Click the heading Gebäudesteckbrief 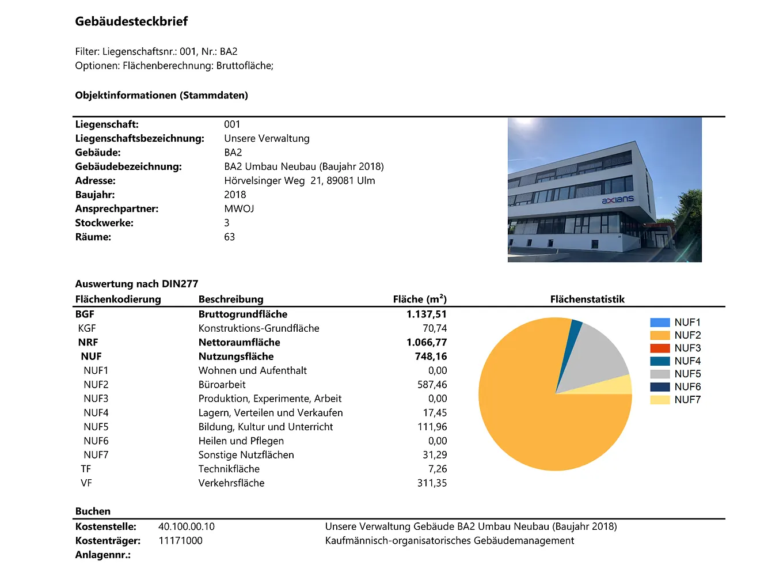pos(131,22)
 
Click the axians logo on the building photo pos(617,200)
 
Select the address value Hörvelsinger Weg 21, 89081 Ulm pos(299,181)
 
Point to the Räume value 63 pos(229,237)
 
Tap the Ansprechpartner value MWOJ pos(239,209)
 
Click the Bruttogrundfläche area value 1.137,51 pos(426,314)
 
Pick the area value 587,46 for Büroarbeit pos(432,385)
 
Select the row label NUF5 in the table pos(96,427)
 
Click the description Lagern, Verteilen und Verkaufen pos(271,413)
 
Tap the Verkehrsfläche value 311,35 pos(432,483)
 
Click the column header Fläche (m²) pos(420,299)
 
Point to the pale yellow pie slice pos(610,386)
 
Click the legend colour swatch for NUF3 pos(660,348)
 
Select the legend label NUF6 pos(687,387)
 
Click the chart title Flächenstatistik pos(587,299)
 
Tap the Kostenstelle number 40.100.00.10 pos(187,527)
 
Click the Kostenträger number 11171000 pos(180,541)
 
